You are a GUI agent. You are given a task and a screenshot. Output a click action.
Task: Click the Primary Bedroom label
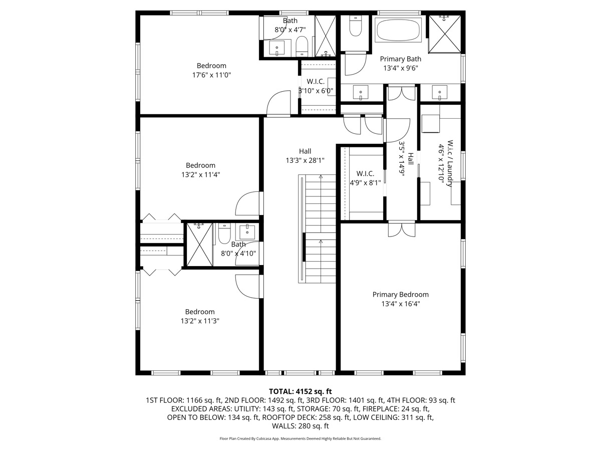coord(400,295)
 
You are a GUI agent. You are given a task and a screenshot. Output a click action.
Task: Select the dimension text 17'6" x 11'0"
coord(211,75)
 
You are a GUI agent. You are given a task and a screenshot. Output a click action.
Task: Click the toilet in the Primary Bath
coord(355,27)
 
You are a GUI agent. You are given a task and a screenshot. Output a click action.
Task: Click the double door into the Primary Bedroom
coord(401,229)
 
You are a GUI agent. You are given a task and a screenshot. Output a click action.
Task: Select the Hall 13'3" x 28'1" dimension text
coord(305,161)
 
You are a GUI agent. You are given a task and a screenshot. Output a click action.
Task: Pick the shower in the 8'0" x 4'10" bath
coord(199,245)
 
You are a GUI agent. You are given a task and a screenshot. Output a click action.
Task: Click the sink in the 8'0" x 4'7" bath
coord(276,49)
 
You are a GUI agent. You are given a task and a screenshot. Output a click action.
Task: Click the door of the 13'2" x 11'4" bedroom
coord(249,203)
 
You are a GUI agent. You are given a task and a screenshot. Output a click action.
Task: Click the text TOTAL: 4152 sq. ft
coord(300,391)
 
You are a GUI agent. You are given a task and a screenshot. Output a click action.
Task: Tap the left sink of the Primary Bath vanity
coord(361,92)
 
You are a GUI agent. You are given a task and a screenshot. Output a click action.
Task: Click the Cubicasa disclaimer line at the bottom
coord(300,438)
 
